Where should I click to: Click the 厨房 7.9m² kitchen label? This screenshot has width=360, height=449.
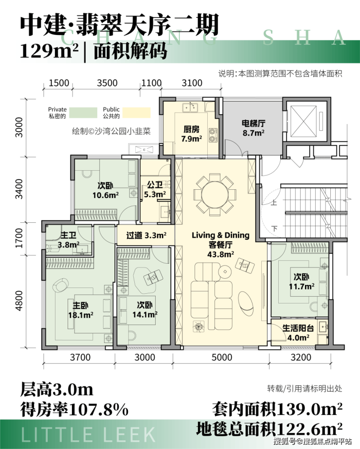(x=191, y=134)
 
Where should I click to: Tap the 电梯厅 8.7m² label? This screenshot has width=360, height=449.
(x=253, y=128)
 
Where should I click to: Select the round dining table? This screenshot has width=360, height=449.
(x=215, y=195)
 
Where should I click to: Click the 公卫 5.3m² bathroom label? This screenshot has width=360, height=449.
(x=155, y=190)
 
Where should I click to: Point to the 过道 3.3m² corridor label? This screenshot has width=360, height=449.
(x=146, y=235)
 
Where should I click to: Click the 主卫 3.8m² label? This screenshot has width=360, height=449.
(x=69, y=240)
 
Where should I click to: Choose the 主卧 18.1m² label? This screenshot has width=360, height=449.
(x=80, y=310)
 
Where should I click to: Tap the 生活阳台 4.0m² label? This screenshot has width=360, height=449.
(x=298, y=333)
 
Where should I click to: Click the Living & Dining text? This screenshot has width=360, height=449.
(x=220, y=235)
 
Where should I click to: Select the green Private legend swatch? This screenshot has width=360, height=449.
(x=83, y=113)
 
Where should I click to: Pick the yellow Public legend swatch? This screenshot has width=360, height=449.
(x=137, y=113)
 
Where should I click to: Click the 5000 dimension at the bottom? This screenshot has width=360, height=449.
(x=222, y=358)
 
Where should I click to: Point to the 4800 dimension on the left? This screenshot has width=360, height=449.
(x=19, y=300)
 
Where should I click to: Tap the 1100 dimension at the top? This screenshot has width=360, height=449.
(x=151, y=83)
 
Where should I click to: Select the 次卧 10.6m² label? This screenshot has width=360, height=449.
(x=105, y=190)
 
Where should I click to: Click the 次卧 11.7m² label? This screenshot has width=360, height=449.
(x=302, y=282)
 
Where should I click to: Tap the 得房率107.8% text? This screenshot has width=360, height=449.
(x=74, y=410)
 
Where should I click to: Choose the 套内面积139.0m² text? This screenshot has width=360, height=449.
(x=277, y=409)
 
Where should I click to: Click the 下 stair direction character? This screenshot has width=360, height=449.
(x=275, y=229)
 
